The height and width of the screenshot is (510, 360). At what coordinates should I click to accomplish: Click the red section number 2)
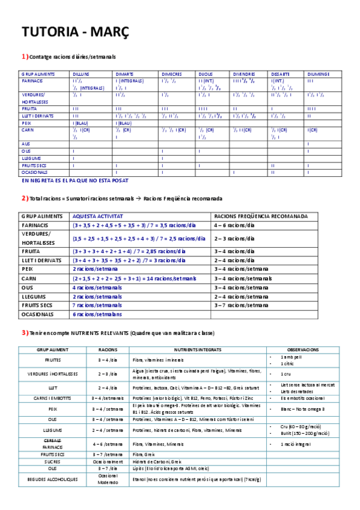click(25, 198)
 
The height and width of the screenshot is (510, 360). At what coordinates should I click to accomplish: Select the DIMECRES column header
click(171, 74)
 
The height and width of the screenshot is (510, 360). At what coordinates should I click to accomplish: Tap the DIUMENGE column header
click(318, 74)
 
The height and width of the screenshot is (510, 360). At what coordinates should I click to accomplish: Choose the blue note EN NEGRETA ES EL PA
click(75, 180)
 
